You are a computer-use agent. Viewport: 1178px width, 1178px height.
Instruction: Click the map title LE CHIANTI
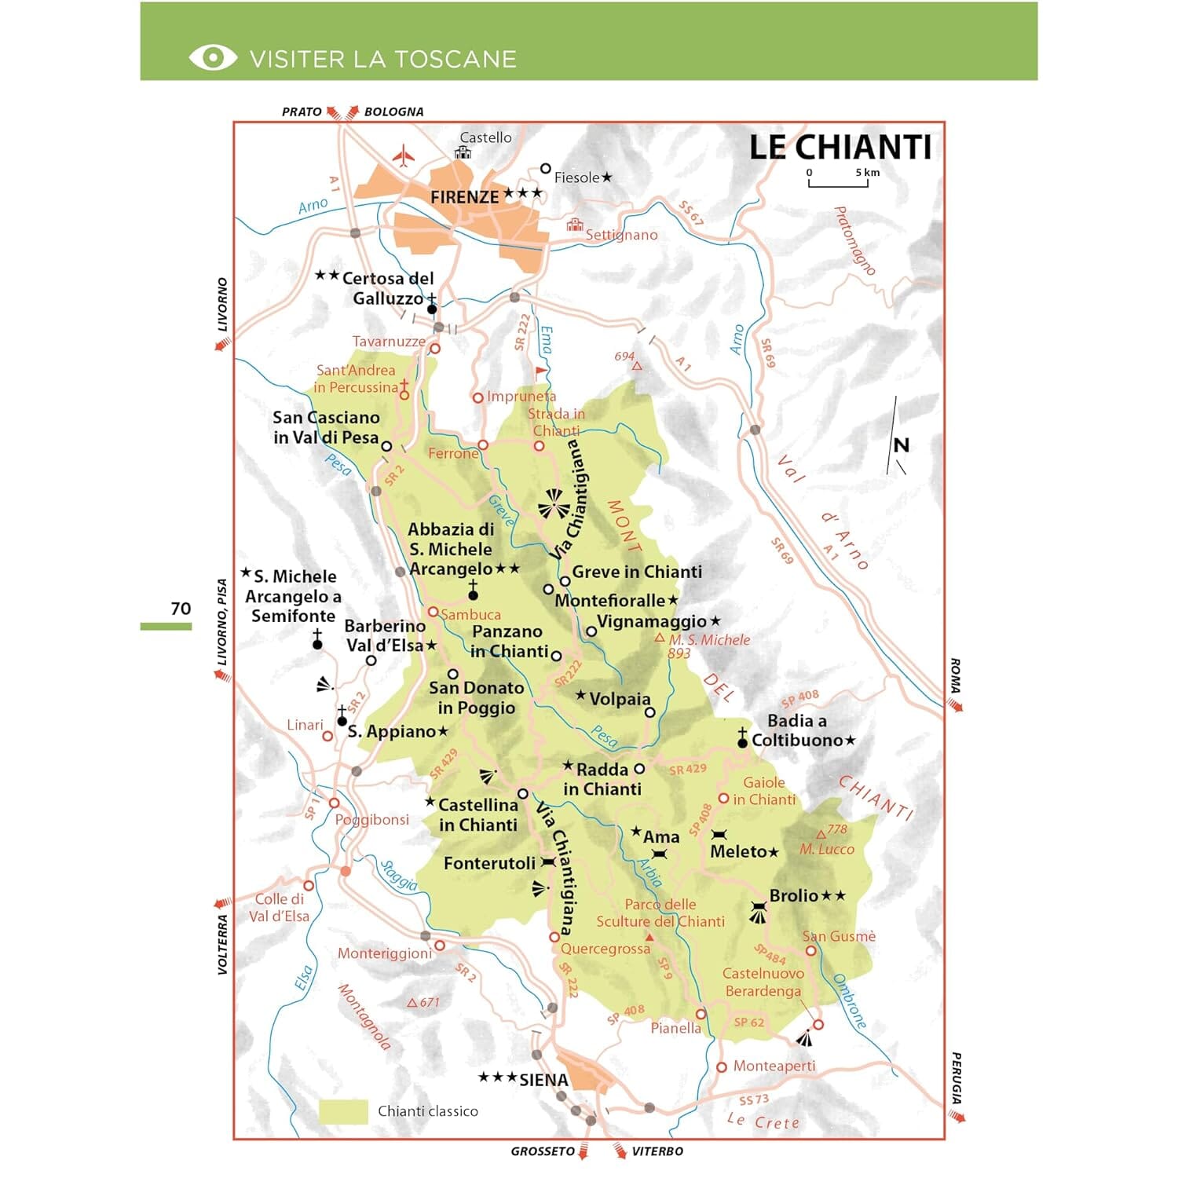tap(840, 148)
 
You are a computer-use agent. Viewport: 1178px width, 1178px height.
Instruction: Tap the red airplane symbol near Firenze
tap(403, 155)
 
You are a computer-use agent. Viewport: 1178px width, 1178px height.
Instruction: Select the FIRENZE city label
tap(464, 197)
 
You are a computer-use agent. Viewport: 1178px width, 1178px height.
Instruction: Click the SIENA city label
tap(543, 1080)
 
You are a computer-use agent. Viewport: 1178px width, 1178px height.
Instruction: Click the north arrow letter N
tap(901, 445)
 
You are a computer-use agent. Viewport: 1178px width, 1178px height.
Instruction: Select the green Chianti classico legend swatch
tap(343, 1111)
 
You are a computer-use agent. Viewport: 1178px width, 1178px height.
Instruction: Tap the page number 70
tap(181, 609)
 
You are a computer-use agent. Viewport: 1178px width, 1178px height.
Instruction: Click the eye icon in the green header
tap(212, 58)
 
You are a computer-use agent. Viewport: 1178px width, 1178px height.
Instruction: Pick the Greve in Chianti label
tap(636, 572)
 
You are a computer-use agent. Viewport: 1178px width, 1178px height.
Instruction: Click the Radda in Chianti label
tap(602, 779)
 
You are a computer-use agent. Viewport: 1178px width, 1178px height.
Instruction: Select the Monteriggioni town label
tap(384, 953)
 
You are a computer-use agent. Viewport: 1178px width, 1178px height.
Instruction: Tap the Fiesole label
tap(576, 177)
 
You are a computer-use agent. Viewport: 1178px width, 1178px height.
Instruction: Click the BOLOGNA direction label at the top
tap(393, 112)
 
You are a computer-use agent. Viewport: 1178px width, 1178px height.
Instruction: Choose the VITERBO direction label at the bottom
tap(657, 1151)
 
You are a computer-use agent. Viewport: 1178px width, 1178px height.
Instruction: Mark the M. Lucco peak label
tap(826, 849)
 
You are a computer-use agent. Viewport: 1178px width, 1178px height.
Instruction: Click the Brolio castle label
tap(793, 895)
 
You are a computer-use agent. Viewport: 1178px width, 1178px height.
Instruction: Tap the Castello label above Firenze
tap(485, 137)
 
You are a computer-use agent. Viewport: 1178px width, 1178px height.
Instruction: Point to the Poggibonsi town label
tap(371, 819)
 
